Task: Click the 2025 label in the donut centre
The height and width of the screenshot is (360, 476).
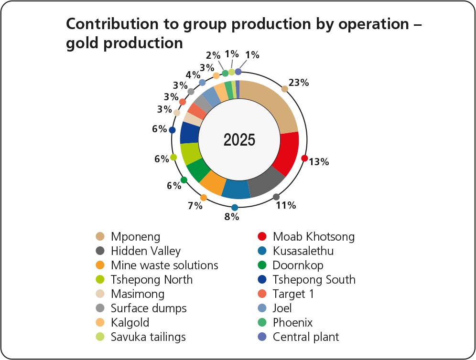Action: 239,140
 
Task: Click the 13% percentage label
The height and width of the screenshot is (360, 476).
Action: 319,162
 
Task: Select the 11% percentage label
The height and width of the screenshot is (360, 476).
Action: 286,206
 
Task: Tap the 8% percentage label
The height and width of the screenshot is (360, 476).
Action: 232,217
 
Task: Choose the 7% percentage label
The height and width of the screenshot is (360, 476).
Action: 195,206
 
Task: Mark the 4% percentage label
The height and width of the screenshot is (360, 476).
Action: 193,75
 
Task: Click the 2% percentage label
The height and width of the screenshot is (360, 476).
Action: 213,55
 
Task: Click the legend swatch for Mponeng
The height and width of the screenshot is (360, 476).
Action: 100,236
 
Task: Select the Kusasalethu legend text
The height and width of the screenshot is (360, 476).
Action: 303,251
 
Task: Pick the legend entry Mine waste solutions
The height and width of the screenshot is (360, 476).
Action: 164,265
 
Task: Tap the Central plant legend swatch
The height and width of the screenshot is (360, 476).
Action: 262,337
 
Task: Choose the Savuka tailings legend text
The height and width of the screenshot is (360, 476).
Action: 148,337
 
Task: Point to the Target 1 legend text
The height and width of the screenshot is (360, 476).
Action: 293,294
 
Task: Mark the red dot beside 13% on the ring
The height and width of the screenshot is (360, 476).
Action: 304,158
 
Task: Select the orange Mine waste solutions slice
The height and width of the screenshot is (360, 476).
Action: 212,182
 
